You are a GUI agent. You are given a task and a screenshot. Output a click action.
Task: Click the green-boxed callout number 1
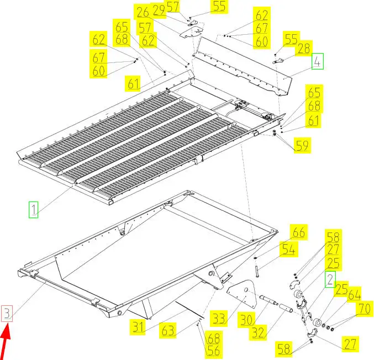[33, 210]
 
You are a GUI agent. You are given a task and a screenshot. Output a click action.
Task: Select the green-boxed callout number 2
[330, 279]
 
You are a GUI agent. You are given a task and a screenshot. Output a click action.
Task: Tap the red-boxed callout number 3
[7, 314]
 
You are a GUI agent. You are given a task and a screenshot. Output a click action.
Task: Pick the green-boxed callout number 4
[318, 61]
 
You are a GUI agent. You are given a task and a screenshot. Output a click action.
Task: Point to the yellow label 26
[143, 12]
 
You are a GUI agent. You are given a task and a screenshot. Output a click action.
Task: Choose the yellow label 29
[159, 10]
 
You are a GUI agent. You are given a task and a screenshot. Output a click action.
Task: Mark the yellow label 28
[304, 49]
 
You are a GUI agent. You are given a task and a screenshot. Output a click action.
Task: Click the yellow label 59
[302, 145]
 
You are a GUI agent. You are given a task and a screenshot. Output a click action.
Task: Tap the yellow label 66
[299, 232]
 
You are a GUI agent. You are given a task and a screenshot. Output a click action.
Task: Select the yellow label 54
[289, 250]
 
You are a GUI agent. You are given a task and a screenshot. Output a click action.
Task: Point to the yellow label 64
[354, 295]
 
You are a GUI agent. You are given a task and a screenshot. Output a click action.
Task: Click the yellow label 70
[365, 309]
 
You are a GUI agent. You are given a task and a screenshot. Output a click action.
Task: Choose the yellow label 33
[219, 319]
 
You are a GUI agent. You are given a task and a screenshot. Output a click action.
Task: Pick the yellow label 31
[138, 327]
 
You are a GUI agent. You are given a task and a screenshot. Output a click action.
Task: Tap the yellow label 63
[168, 330]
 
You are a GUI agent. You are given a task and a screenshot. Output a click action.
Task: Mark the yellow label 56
[213, 351]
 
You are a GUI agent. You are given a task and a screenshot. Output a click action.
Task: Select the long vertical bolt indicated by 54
[257, 271]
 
